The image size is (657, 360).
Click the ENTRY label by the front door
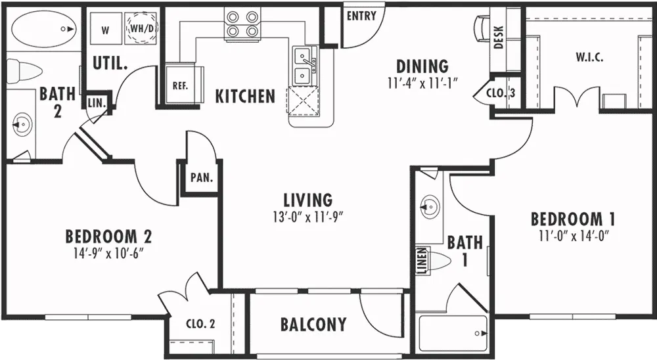click(361, 16)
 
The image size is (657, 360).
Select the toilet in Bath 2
click(25, 70)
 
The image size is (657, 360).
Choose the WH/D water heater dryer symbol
click(140, 28)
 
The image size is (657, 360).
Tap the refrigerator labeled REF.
click(181, 85)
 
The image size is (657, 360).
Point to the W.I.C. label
click(589, 58)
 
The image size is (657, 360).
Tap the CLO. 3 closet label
click(501, 93)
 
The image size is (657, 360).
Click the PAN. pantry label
click(202, 177)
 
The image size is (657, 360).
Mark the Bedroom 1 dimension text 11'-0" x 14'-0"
click(574, 236)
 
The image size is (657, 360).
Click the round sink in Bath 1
click(430, 206)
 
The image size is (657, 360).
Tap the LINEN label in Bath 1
click(422, 260)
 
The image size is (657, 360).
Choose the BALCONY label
click(313, 325)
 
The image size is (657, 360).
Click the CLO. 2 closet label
click(200, 324)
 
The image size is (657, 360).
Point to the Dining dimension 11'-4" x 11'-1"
click(422, 83)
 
